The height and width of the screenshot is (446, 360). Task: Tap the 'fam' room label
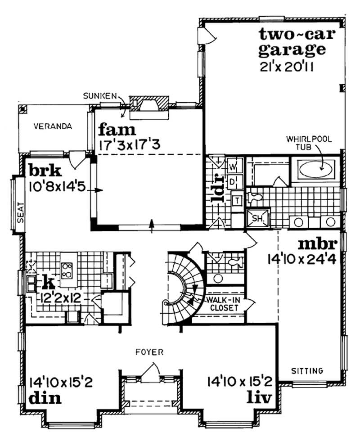pyautogui.click(x=117, y=130)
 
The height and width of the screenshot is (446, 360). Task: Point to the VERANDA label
pyautogui.click(x=53, y=126)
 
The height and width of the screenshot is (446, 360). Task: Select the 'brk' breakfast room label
pyautogui.click(x=45, y=171)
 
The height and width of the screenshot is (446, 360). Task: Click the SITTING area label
pyautogui.click(x=307, y=371)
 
